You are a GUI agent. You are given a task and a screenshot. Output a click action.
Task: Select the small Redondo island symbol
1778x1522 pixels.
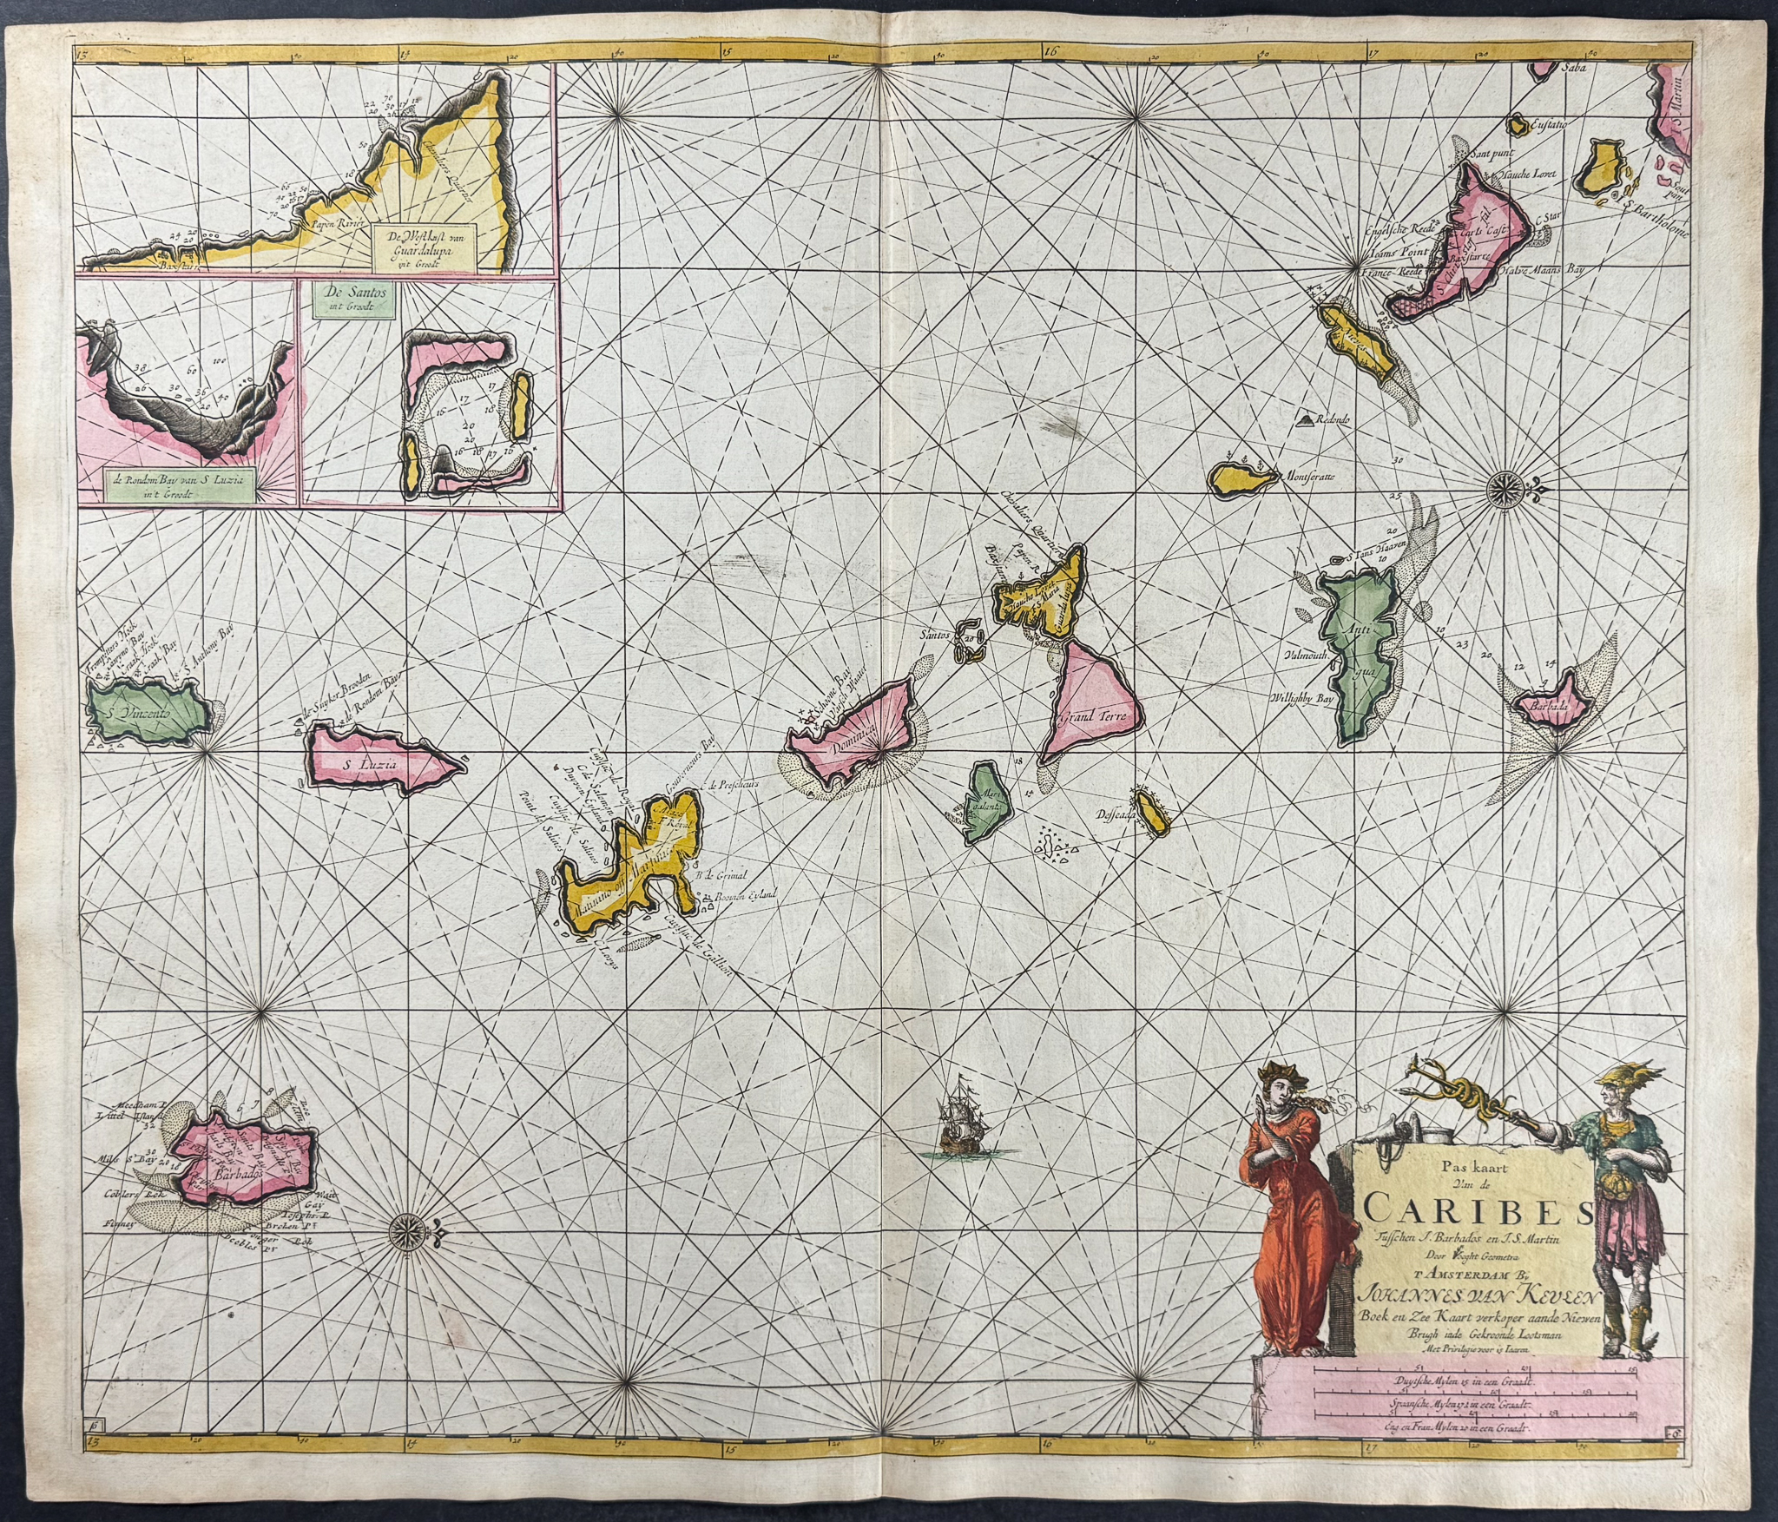point(1304,420)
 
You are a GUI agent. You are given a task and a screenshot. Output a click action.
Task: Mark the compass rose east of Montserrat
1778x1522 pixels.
point(1500,486)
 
